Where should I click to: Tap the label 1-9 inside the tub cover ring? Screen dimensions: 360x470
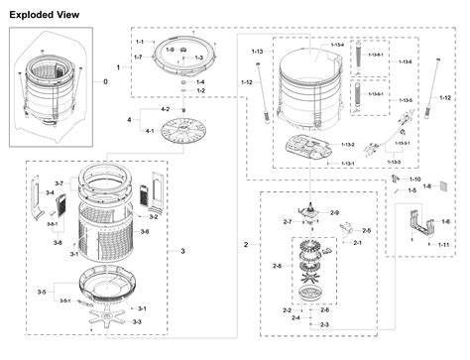coord(170,50)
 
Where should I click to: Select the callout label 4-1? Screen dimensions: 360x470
coord(150,131)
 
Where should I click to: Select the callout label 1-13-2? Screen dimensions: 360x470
coord(347,145)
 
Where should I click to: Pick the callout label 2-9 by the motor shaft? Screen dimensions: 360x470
coord(334,213)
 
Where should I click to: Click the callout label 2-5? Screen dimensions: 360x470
coord(366,230)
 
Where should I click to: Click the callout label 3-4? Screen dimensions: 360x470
coord(50,192)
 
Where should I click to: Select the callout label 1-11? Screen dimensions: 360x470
coord(444,244)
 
